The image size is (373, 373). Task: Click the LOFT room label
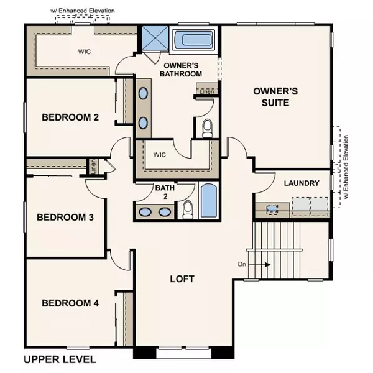click(182, 279)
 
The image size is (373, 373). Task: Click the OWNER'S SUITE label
click(275, 96)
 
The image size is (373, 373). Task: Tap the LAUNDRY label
click(302, 183)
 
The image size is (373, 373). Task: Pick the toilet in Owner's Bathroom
click(208, 127)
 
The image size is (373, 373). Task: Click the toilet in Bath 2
click(188, 210)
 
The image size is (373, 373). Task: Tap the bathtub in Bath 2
click(209, 202)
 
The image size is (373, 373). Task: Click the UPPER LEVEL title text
click(60, 359)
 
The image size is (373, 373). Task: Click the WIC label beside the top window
click(85, 52)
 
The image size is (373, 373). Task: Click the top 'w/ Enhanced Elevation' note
click(83, 11)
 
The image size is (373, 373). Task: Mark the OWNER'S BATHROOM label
click(183, 70)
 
